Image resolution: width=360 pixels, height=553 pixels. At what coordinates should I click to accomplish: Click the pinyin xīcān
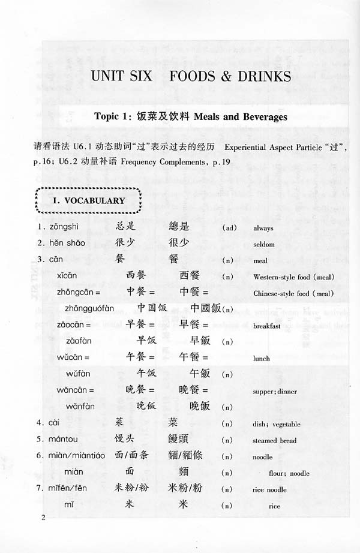[80, 276]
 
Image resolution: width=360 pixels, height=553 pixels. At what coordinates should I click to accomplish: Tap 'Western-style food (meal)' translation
[293, 277]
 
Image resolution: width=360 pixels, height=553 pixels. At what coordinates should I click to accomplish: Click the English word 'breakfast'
[267, 326]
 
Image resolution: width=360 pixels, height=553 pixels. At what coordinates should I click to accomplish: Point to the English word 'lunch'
[262, 359]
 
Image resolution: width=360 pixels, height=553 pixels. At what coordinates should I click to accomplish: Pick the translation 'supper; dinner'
[275, 391]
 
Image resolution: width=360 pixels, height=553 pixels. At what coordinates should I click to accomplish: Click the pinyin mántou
[65, 440]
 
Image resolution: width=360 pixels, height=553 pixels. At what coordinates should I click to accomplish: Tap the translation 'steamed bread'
[274, 440]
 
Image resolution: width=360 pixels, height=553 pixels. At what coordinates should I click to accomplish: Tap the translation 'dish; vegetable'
[277, 424]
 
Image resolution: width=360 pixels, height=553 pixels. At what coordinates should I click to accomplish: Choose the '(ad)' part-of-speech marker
[229, 228]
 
